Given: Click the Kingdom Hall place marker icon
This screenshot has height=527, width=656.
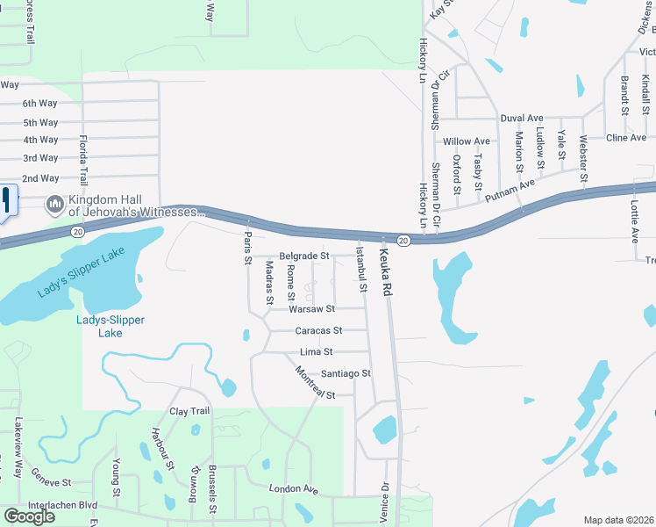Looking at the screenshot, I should pyautogui.click(x=54, y=204).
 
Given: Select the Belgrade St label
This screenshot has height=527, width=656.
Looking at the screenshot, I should pyautogui.click(x=303, y=256).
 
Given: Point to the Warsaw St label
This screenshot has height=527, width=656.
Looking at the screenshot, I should pyautogui.click(x=312, y=309).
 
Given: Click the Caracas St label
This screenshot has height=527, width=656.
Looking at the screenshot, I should pyautogui.click(x=318, y=330).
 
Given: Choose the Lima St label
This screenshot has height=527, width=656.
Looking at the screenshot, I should pyautogui.click(x=316, y=351).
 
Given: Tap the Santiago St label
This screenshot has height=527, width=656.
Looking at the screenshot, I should pyautogui.click(x=346, y=373).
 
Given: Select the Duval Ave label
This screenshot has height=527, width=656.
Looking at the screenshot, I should pyautogui.click(x=522, y=118).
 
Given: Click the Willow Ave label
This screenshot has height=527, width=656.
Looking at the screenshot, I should pyautogui.click(x=467, y=141).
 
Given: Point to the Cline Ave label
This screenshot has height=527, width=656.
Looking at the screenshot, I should pyautogui.click(x=626, y=138).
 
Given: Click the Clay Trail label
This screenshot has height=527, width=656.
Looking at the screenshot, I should pyautogui.click(x=189, y=411).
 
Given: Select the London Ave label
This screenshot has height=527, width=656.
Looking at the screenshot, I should pyautogui.click(x=293, y=488).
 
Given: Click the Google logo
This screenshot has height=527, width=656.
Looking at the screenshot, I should pyautogui.click(x=29, y=516).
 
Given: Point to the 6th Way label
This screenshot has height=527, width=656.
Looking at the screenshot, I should pyautogui.click(x=40, y=103).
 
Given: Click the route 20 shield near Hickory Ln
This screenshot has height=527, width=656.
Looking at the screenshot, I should pyautogui.click(x=403, y=240).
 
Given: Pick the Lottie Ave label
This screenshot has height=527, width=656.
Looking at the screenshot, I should pyautogui.click(x=634, y=226).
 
